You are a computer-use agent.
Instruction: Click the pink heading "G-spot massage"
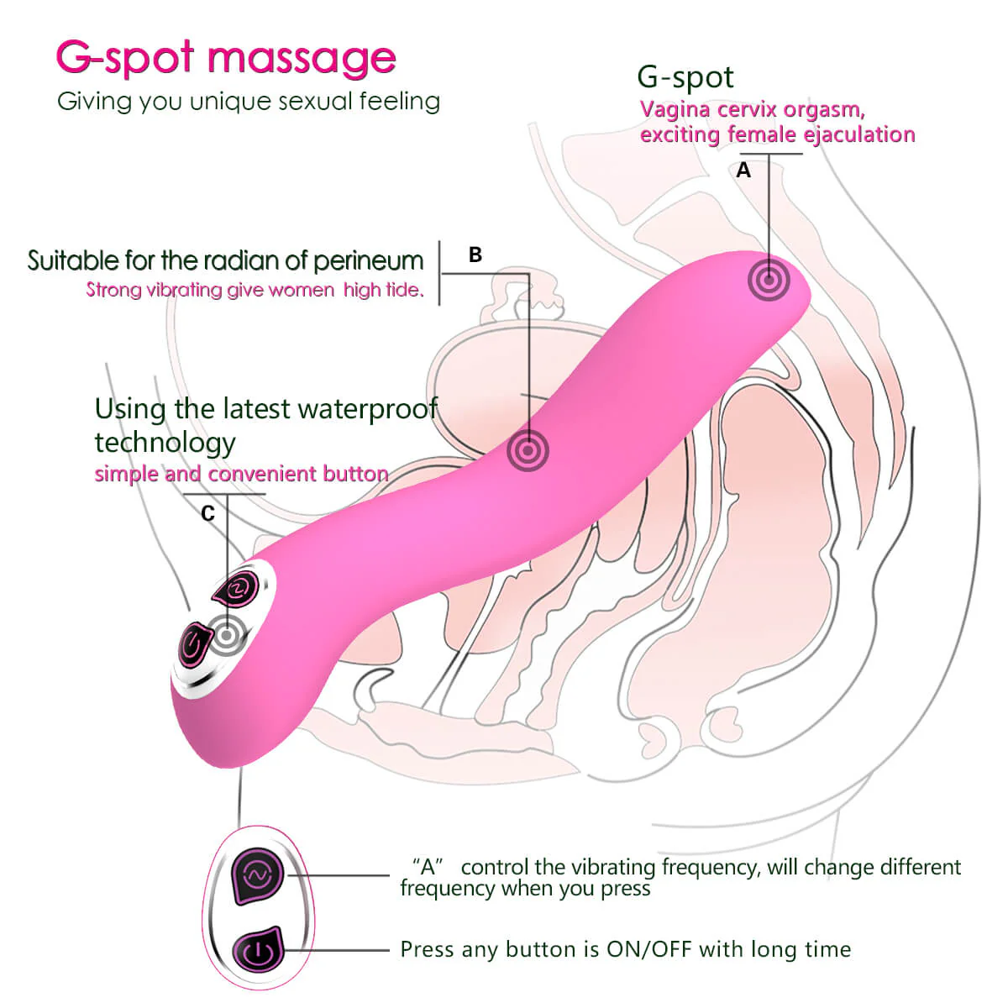click(x=225, y=57)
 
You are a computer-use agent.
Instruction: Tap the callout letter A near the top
click(x=743, y=171)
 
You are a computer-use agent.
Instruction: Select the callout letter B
click(x=475, y=255)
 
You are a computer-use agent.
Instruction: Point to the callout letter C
click(x=208, y=513)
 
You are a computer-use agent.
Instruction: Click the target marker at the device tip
click(x=769, y=280)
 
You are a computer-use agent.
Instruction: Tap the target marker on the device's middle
click(x=528, y=450)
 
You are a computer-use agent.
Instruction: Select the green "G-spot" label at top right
click(x=685, y=77)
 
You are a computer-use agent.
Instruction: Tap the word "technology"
click(x=165, y=442)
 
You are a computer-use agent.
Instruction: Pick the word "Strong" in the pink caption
click(x=113, y=290)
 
